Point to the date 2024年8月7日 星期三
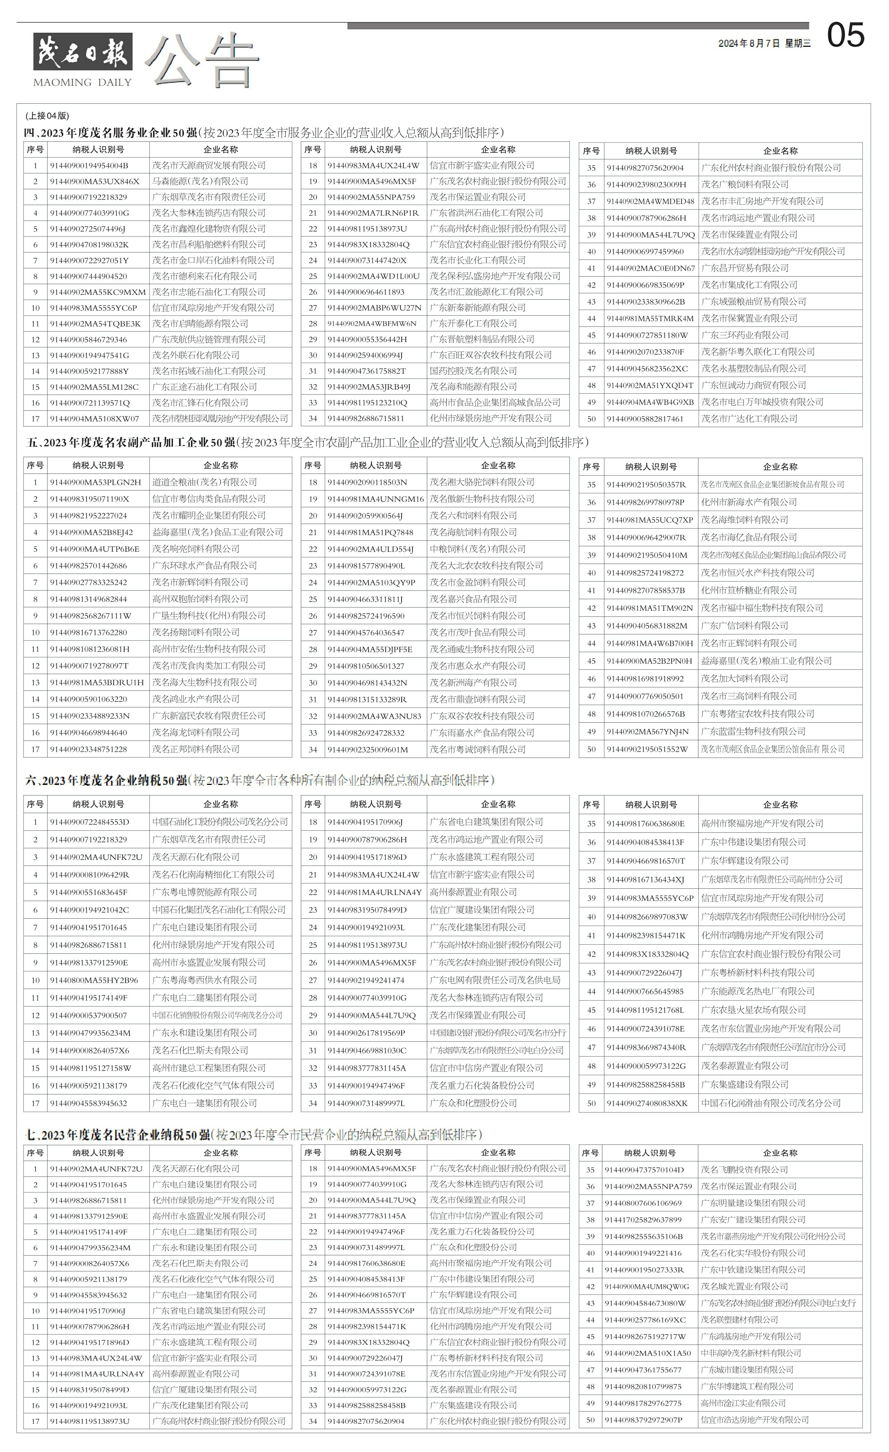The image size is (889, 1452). click(x=764, y=44)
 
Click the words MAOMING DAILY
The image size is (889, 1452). click(x=83, y=82)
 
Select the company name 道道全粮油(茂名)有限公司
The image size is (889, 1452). click(x=204, y=482)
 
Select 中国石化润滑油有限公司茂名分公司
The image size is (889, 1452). click(x=770, y=1103)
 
